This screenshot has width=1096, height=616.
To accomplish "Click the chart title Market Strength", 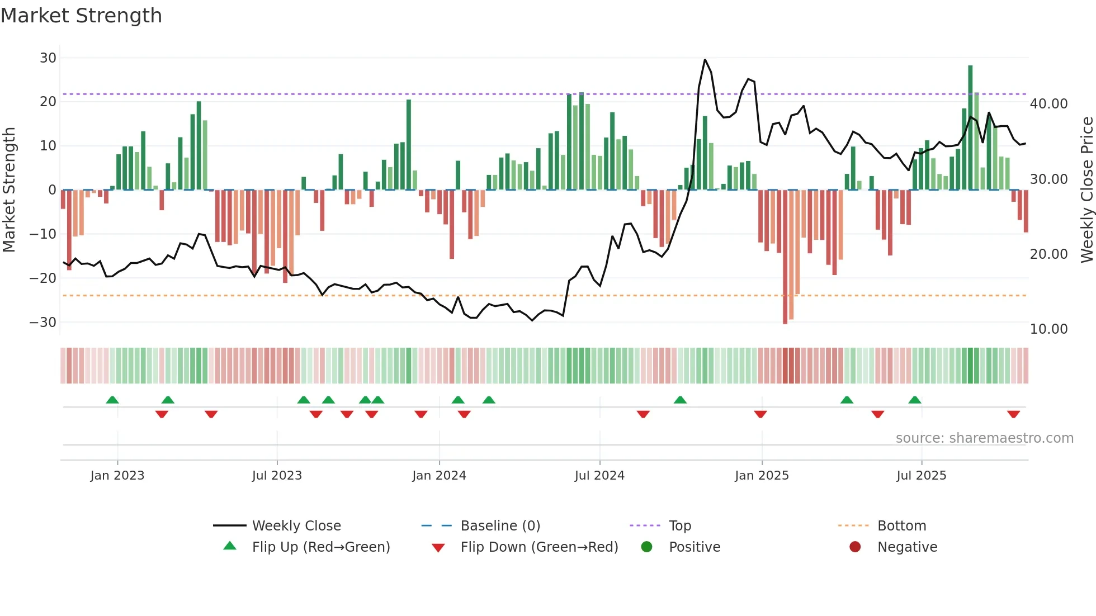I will click(81, 16).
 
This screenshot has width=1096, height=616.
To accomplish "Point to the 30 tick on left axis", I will click(48, 58).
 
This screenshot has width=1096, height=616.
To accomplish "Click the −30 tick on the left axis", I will click(43, 322).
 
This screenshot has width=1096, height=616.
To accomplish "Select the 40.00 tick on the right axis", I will click(1048, 103).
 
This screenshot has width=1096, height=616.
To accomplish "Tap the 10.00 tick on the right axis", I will click(1048, 329).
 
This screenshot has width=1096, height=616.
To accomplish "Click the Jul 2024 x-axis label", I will click(599, 475).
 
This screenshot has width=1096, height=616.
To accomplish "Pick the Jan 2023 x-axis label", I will click(117, 475).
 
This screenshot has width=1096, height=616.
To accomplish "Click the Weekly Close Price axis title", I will click(1086, 189).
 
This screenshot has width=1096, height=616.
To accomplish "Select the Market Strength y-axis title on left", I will click(9, 189).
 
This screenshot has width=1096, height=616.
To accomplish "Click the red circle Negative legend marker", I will click(855, 547).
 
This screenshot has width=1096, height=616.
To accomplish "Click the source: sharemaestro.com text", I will click(984, 438).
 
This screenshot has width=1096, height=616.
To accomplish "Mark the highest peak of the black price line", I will click(705, 60).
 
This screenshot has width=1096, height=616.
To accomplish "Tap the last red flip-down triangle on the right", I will click(1013, 414).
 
